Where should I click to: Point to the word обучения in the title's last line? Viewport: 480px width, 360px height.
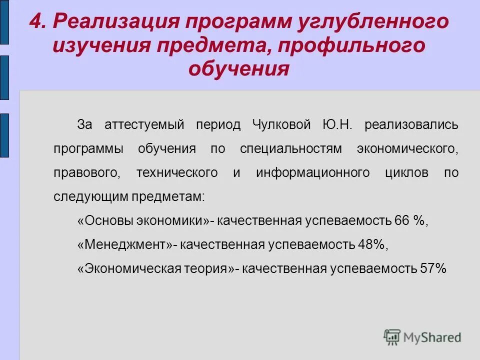[239, 68]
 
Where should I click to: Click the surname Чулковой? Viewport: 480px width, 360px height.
[282, 124]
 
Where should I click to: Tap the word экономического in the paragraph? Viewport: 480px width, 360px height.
[408, 148]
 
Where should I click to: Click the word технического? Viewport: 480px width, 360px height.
[177, 173]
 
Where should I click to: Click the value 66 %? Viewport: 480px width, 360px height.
[411, 221]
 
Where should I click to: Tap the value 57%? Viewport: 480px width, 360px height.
[433, 269]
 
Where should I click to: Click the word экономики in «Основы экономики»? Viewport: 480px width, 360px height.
[177, 221]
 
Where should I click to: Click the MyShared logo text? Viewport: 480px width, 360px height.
[432, 337]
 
